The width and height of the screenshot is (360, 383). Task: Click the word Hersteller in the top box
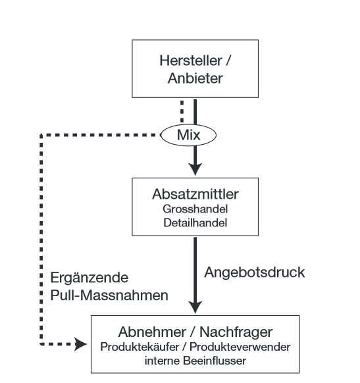click(x=191, y=61)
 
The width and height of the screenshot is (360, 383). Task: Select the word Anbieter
click(x=195, y=78)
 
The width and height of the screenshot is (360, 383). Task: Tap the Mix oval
click(x=188, y=135)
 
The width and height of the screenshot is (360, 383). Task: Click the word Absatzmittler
click(x=195, y=194)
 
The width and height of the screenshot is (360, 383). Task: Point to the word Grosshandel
click(x=195, y=209)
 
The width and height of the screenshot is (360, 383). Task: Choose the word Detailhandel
click(x=195, y=223)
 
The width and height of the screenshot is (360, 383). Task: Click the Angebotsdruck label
click(x=255, y=272)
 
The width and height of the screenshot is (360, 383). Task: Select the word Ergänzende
click(x=89, y=278)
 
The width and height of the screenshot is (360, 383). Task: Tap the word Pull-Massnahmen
click(x=109, y=295)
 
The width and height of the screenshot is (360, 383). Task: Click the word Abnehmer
click(x=152, y=332)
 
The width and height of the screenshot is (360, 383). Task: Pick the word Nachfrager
click(x=236, y=332)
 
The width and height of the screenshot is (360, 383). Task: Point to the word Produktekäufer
click(x=140, y=347)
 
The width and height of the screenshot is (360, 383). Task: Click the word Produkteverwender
click(x=240, y=347)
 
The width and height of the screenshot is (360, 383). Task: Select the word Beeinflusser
click(x=215, y=361)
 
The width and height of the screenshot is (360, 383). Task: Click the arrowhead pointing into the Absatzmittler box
click(x=195, y=169)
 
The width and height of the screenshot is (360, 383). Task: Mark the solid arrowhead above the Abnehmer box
click(x=195, y=307)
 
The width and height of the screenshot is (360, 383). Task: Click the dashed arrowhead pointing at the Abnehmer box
click(x=80, y=344)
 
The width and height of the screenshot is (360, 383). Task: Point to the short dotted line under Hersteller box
click(x=182, y=111)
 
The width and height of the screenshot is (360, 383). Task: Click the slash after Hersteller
click(x=228, y=61)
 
